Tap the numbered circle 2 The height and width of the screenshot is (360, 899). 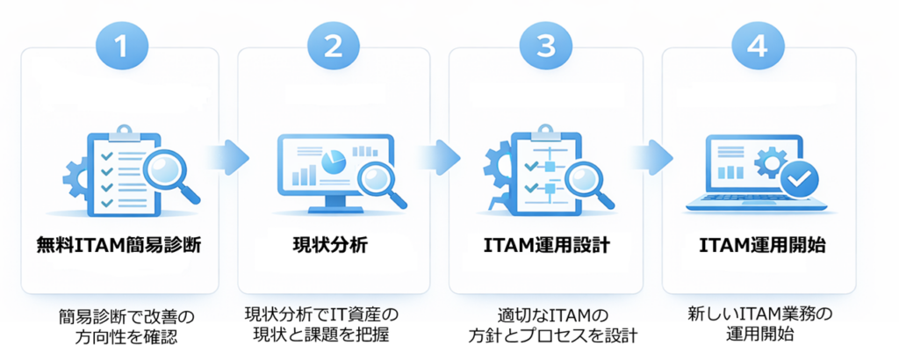coord(333,47)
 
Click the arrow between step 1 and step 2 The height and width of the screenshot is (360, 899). coord(227,158)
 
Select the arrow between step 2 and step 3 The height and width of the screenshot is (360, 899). coord(438,158)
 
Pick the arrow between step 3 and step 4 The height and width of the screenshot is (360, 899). coord(651,158)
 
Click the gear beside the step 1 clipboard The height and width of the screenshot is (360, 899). coord(76,176)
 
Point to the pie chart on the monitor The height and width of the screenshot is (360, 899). coord(332,161)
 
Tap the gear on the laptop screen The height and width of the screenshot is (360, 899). coord(771,162)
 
